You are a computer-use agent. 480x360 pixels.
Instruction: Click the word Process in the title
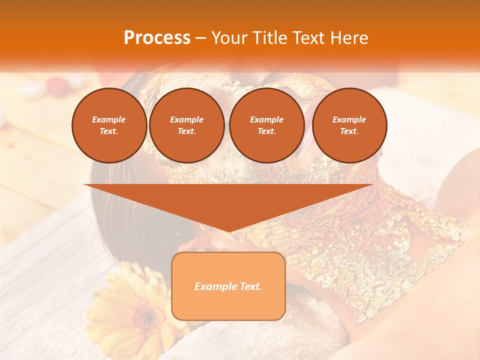coord(157,38)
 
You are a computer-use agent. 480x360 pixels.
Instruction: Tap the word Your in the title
coord(229,38)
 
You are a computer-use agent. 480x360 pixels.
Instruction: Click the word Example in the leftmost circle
coord(109,119)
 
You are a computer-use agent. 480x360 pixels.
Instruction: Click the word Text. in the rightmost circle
coord(349,131)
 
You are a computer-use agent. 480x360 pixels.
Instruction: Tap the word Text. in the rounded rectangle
coord(250,286)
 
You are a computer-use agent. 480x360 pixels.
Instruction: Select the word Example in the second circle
coord(187,119)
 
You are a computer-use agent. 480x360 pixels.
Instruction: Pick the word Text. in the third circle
coord(267,131)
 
